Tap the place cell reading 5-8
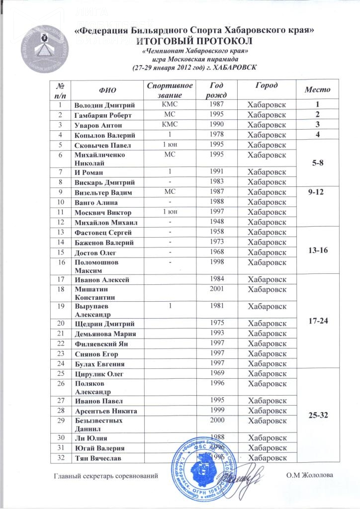(316, 162)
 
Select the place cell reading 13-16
(316, 252)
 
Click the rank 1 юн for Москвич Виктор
(168, 212)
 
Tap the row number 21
(61, 333)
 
